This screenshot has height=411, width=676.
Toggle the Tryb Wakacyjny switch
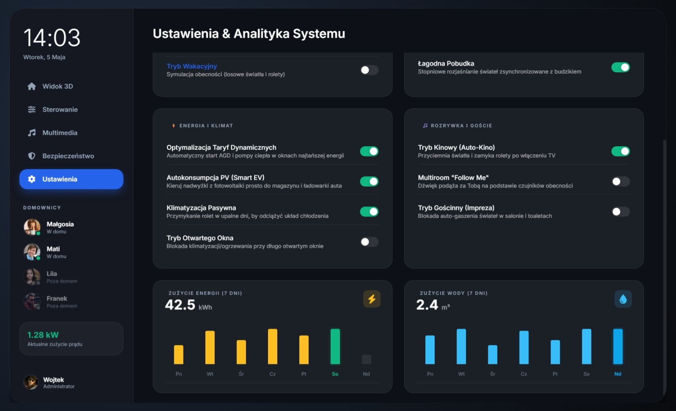point(369,70)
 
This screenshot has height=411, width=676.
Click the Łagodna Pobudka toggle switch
point(621,67)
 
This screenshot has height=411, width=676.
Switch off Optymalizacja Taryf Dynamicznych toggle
point(369,151)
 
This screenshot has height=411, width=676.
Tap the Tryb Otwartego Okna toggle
point(369,242)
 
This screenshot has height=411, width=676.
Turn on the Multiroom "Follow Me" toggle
point(621,181)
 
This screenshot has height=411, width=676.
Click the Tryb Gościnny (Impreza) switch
point(621,211)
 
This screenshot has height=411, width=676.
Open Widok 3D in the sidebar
point(57,86)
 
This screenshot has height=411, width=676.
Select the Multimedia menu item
point(60,133)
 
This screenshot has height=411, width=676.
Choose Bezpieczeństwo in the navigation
point(68,156)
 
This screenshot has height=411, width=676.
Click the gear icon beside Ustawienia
point(32,179)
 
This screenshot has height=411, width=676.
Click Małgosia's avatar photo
point(32,227)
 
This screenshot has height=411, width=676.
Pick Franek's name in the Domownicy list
point(57,299)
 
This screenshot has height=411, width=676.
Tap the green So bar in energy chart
point(335,346)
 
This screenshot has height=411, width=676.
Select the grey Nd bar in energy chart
point(367,359)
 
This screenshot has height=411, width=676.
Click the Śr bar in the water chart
point(493,355)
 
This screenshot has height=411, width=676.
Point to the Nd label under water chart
point(618,374)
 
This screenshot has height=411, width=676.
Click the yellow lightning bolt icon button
point(372,299)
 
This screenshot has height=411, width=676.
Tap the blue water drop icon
point(623,299)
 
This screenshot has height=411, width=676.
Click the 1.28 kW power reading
point(43,335)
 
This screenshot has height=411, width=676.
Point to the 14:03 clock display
point(52,38)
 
